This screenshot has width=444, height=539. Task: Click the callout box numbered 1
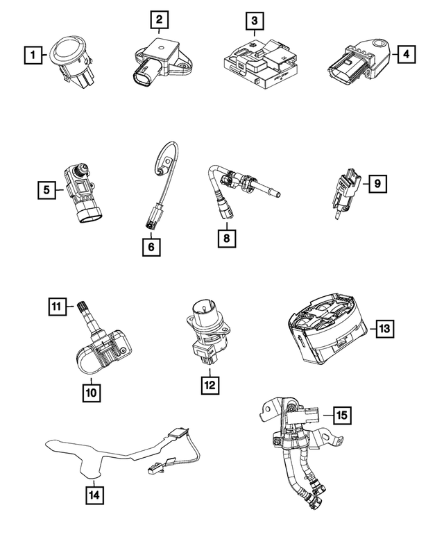click(33, 55)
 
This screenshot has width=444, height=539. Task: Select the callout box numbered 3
click(255, 21)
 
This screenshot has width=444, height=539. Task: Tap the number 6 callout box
click(151, 247)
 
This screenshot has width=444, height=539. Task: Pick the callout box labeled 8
click(227, 238)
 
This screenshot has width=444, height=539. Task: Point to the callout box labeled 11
click(57, 307)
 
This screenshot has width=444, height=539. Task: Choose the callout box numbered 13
click(384, 329)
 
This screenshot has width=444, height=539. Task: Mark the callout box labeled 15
click(342, 416)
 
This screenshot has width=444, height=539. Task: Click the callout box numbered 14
click(94, 495)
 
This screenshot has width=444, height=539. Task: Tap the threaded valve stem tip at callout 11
click(82, 305)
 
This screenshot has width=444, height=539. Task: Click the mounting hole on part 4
click(381, 44)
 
